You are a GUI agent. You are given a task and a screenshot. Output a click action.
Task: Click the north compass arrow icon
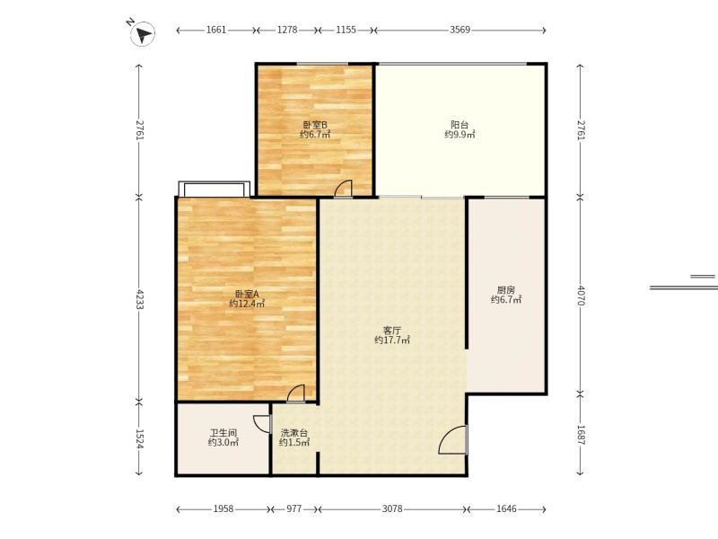point(143,33)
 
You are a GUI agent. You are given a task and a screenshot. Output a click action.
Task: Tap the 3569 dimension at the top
point(460,30)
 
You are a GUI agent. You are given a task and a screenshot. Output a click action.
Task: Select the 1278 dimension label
point(287,30)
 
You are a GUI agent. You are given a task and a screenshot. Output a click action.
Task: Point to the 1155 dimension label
point(346,30)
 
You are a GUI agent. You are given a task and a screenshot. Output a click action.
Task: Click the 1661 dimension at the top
point(216,30)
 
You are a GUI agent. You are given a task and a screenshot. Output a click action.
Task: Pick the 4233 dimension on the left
point(139,298)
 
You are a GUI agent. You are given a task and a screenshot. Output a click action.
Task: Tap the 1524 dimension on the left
point(139,438)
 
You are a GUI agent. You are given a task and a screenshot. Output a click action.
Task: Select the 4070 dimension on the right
point(580,296)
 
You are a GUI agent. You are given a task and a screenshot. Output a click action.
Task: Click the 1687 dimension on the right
point(580,435)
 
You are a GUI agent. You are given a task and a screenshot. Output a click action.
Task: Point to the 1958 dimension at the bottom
point(223,508)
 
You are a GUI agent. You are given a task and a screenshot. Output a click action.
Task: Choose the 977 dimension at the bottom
point(294,508)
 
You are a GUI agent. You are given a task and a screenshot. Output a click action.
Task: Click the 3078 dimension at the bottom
point(392,508)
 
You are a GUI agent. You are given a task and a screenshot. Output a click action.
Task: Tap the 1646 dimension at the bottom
point(506,508)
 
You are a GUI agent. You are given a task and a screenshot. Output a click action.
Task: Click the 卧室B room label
point(315,125)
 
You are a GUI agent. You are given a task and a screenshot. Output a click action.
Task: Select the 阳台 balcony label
point(460,125)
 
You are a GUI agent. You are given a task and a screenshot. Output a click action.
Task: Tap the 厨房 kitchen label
point(506,290)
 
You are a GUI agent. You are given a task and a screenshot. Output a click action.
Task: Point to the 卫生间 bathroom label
point(223,433)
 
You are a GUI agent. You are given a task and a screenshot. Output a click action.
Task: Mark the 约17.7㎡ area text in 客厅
point(392,340)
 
